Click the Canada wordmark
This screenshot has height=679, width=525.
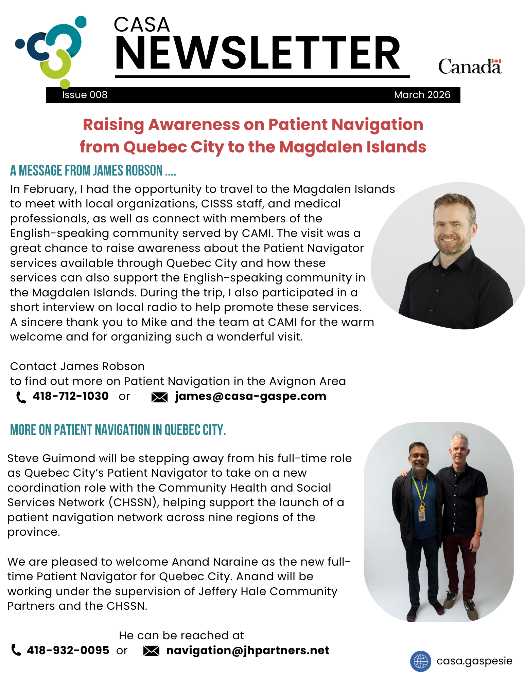(470, 66)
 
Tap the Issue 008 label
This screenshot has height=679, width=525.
(85, 95)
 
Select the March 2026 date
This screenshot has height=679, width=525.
(422, 95)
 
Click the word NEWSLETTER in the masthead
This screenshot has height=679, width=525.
(258, 53)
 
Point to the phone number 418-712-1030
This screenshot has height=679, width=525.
(71, 396)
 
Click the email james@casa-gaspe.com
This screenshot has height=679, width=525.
(250, 396)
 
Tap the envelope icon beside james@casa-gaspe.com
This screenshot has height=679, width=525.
(159, 397)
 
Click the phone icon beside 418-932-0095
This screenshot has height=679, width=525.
(16, 650)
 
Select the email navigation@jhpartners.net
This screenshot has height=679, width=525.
(248, 650)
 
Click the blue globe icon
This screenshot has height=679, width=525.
(420, 661)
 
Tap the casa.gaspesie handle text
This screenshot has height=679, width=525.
(474, 661)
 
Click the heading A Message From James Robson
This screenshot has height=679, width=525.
(93, 170)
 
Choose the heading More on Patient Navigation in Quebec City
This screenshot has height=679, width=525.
(118, 430)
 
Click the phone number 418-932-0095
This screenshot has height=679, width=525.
(68, 650)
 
